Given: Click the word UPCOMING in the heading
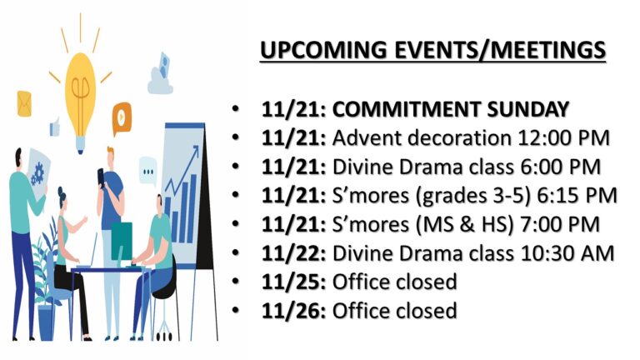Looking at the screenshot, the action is click(x=323, y=50).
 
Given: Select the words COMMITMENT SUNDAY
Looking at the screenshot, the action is click(x=451, y=109).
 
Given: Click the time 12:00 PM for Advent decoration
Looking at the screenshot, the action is click(x=563, y=138).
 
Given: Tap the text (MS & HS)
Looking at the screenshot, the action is click(x=463, y=225).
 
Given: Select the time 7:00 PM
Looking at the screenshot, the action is click(x=559, y=224).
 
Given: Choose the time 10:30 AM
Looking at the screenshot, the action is click(x=567, y=253).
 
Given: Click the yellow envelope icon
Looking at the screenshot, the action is click(x=24, y=103).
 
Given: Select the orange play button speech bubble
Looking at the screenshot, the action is click(x=122, y=118).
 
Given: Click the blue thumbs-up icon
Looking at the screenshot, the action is click(x=55, y=127).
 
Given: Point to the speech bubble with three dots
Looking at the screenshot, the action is click(x=147, y=171).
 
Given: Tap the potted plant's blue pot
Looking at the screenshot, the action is click(x=47, y=322).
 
